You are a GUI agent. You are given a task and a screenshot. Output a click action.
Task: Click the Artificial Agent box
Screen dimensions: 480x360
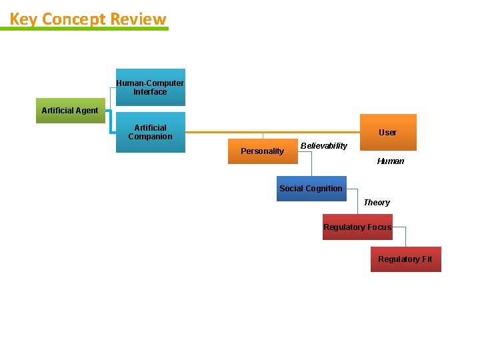(x=69, y=111)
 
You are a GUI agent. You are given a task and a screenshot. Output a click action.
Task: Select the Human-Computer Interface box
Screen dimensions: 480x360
(x=150, y=87)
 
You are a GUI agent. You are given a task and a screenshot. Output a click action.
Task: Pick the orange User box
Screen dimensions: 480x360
(x=387, y=132)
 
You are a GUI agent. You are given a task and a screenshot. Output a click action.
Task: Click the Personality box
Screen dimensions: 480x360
(x=263, y=151)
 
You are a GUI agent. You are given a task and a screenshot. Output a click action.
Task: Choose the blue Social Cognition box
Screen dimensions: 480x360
(x=311, y=189)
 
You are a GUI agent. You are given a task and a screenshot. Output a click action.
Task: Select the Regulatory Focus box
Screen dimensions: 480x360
(x=357, y=227)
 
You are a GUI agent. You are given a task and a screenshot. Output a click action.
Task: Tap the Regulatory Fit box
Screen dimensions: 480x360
(x=405, y=259)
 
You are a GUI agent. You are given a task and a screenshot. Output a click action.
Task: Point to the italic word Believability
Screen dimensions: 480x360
(x=324, y=146)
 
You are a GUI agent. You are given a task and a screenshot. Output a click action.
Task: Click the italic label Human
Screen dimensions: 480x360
(x=390, y=161)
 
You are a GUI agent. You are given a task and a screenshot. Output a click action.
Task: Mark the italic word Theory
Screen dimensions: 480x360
(x=377, y=203)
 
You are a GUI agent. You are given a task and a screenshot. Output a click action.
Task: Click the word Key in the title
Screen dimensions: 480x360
(x=23, y=19)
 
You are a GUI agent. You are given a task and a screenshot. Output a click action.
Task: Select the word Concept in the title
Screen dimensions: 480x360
(x=74, y=19)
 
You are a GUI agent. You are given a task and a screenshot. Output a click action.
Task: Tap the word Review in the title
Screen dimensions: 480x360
(x=138, y=19)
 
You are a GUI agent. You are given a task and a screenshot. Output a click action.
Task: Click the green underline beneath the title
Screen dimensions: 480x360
(x=89, y=29)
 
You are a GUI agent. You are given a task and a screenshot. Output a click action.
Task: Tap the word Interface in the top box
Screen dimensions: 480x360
(x=150, y=92)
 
